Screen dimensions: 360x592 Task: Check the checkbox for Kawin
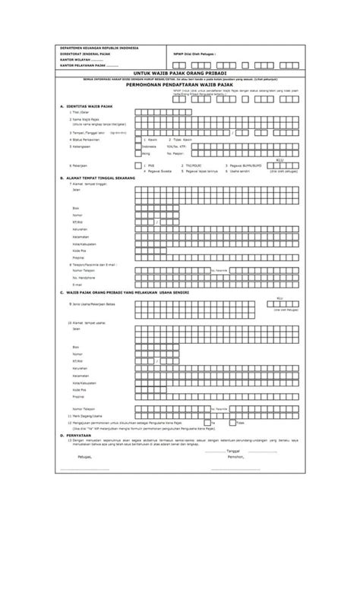click(138, 140)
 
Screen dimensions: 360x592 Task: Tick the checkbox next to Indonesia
click(138, 146)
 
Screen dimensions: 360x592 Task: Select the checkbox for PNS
click(138, 163)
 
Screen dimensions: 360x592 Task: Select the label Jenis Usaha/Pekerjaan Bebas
click(94, 302)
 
